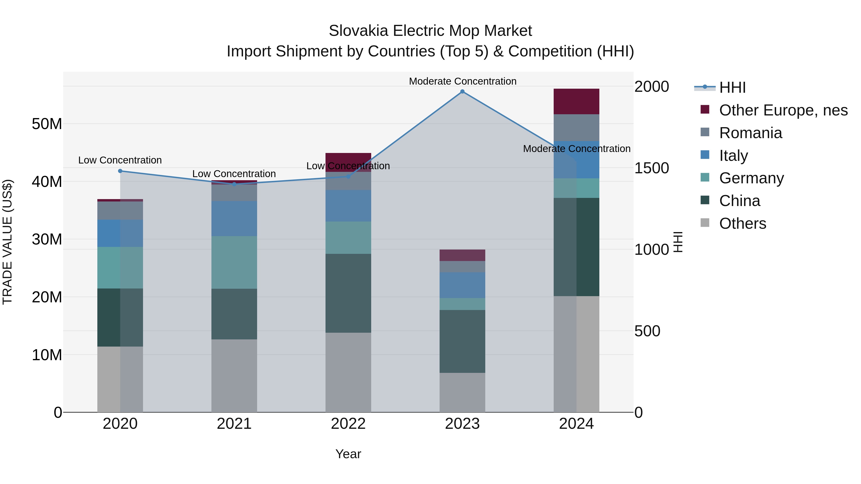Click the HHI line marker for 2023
pos(462,92)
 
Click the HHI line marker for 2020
pos(120,171)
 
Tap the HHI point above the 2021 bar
pos(234,184)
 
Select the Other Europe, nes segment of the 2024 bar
pos(576,102)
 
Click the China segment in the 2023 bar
pos(462,341)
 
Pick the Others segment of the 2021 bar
pos(234,375)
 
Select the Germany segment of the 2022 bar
pos(348,238)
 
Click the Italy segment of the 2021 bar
pos(234,218)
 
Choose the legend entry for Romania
pos(750,133)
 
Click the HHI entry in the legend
pos(732,87)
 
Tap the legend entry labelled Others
pos(742,223)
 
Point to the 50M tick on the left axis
pos(47,124)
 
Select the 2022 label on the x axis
pos(348,424)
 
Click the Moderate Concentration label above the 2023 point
pos(463,81)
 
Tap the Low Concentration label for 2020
pos(120,160)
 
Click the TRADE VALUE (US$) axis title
pos(7,242)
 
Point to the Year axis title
pos(348,454)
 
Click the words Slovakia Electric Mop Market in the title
pos(430,31)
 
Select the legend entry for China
pos(739,201)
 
